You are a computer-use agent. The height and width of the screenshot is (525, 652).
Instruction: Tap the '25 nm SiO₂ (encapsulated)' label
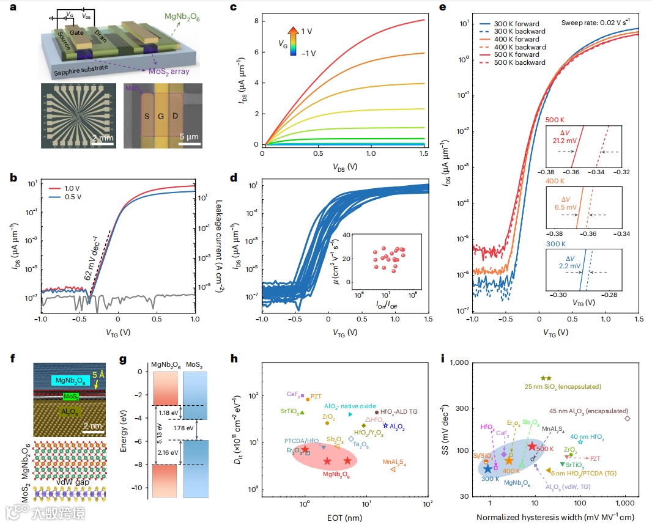(x=563, y=387)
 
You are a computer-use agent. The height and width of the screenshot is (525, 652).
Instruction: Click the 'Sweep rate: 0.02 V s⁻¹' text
(x=599, y=23)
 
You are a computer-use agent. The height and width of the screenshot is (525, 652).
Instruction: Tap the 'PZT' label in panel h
(x=316, y=396)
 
